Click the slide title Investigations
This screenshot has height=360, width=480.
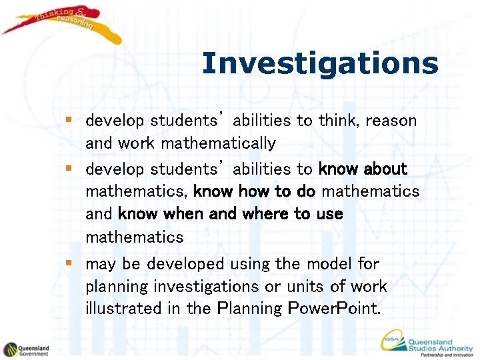coord(320,63)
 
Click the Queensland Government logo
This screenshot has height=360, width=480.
coord(27,349)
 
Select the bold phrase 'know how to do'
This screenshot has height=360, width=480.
coord(254,192)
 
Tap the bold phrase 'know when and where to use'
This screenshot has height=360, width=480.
coord(230,214)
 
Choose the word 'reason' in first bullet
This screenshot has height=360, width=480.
coord(393,121)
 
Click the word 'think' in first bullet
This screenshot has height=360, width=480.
coord(336,121)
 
